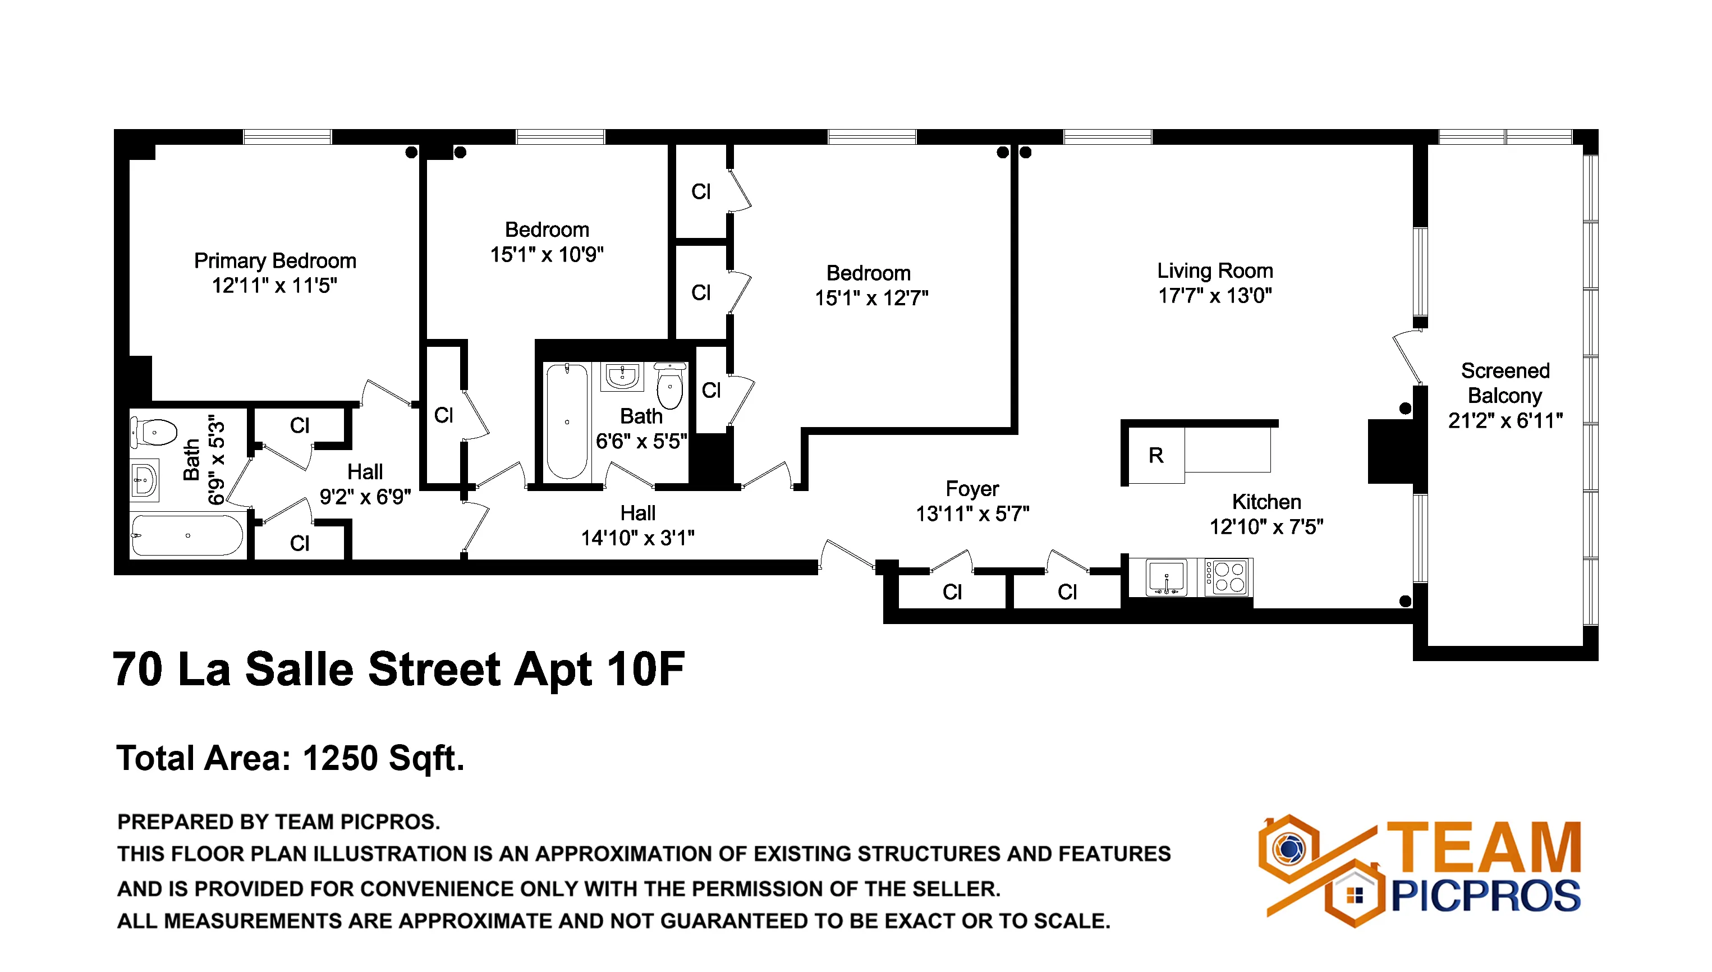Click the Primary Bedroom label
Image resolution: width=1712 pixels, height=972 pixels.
point(275,260)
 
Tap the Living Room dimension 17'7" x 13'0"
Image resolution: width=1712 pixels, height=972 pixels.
point(1215,296)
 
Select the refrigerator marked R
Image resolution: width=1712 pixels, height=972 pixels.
point(1156,456)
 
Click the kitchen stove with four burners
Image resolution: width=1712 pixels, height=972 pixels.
point(1229,577)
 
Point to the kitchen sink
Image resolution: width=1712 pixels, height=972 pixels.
point(1166,577)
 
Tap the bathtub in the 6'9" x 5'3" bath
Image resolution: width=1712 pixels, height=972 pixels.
point(187,535)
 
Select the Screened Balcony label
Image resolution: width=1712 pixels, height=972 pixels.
point(1505,383)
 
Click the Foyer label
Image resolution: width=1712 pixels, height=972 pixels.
point(972,489)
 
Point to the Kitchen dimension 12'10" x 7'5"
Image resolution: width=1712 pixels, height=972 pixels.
point(1266,528)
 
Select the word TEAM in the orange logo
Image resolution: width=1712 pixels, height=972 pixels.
point(1484,848)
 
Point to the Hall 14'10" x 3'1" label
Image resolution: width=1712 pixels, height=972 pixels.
point(637,525)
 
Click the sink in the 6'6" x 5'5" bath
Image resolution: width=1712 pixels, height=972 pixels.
point(622,377)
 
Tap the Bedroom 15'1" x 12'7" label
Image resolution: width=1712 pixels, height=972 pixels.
point(870,286)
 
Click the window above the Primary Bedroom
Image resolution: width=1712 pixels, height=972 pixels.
point(287,137)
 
